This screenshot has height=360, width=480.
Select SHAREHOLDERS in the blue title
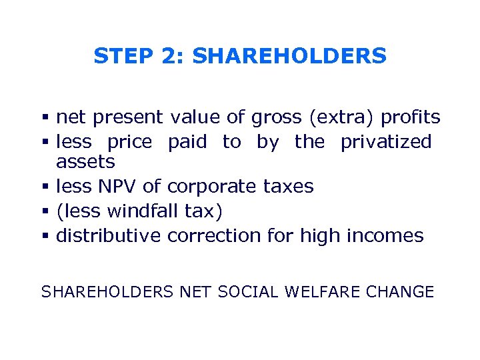click(289, 56)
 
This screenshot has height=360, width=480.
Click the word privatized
click(386, 141)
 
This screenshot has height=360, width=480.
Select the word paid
click(187, 141)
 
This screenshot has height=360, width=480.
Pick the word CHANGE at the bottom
click(403, 291)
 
